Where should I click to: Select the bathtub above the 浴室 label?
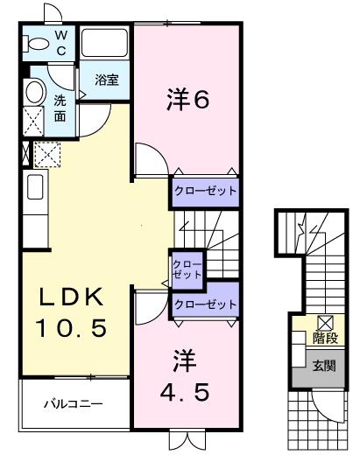coord(105,43)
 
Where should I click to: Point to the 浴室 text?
coord(106,80)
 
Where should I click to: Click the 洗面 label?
coord(60,108)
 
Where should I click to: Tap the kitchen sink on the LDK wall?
coord(34,187)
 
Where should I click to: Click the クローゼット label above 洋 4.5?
coord(204,304)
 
